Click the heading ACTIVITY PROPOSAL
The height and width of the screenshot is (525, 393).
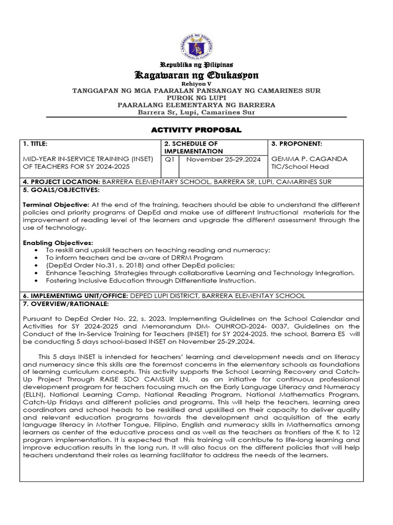[x=196, y=130]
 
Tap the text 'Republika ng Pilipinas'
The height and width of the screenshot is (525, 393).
[x=196, y=65]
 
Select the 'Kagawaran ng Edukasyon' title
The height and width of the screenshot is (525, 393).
[x=196, y=76]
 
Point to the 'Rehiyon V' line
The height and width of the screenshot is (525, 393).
[x=196, y=84]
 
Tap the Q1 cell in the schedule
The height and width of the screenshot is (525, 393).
[x=170, y=159]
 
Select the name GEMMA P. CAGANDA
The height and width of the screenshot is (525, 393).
[x=309, y=159]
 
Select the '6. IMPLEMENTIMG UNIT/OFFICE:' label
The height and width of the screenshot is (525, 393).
[x=76, y=296]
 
